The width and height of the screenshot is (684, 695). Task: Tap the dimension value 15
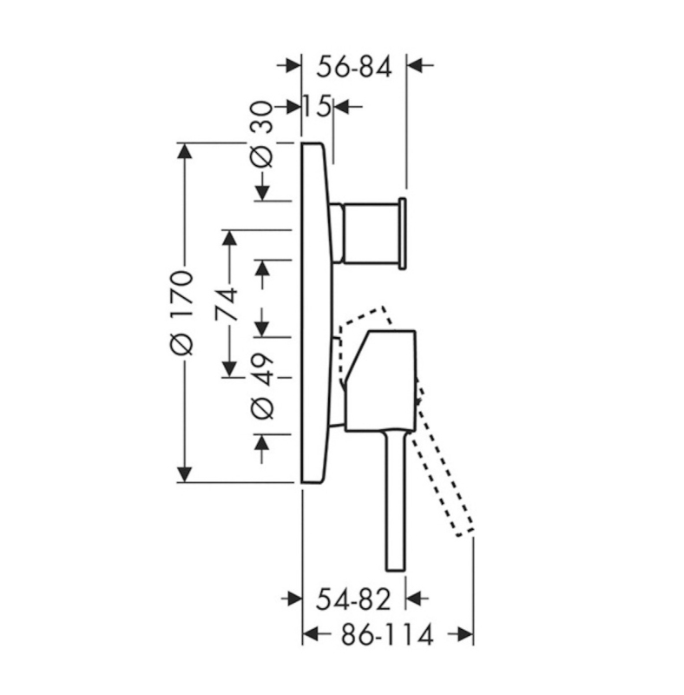pyautogui.click(x=317, y=107)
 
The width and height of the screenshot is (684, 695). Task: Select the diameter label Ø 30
pyautogui.click(x=261, y=135)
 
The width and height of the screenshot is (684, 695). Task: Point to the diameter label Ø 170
pyautogui.click(x=182, y=313)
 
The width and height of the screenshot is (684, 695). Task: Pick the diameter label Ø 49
pyautogui.click(x=263, y=386)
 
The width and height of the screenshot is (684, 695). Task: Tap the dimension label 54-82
pyautogui.click(x=353, y=599)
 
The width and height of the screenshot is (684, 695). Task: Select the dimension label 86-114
pyautogui.click(x=387, y=635)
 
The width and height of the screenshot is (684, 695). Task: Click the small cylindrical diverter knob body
pyautogui.click(x=370, y=233)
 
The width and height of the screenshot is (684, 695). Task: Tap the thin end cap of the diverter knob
pyautogui.click(x=403, y=233)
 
